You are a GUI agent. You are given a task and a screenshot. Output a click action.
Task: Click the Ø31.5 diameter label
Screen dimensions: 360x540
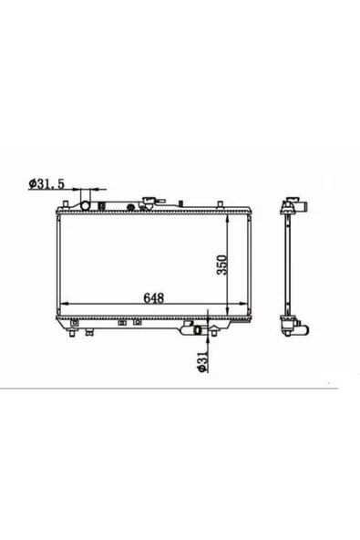point(46,184)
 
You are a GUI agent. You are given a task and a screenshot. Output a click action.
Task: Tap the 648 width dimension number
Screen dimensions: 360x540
point(154,298)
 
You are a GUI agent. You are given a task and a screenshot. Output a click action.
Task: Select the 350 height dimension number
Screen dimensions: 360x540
point(222,265)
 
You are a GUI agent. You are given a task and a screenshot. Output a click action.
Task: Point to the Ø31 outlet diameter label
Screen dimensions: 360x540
point(202,361)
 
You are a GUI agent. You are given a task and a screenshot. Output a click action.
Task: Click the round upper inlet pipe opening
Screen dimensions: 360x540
point(85,205)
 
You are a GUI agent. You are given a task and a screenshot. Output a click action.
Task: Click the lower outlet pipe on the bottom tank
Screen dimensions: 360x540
point(198,330)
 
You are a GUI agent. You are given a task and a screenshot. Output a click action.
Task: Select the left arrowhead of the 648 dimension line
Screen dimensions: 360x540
point(65,304)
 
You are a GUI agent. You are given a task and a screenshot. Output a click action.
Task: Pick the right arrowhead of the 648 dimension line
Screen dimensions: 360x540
point(242,304)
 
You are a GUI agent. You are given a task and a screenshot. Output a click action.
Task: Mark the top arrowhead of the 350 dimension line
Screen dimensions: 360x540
point(227,218)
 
